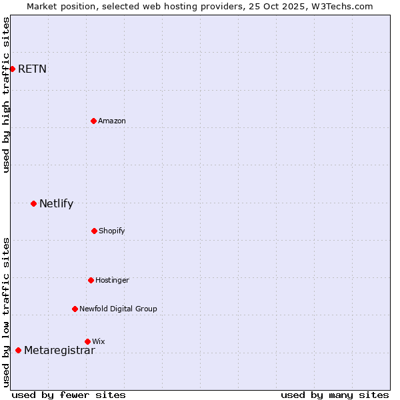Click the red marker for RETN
pos(12,69)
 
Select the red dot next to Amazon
pos(93,121)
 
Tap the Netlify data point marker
pos(33,203)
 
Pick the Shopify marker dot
pos(94,231)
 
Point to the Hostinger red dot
pos(91,280)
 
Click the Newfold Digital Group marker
pos(75,309)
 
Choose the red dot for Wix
pos(87,341)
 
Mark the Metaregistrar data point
pos(18,350)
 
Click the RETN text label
pos(32,69)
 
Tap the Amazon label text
pos(112,121)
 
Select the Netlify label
pos(56,204)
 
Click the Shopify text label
pos(112,231)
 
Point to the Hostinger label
pos(112,281)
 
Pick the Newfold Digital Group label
pos(118,309)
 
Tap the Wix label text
pos(99,342)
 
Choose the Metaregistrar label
pos(59,351)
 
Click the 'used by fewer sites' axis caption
pos(69,395)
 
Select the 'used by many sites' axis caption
pos(335,395)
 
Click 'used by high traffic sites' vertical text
pos(7,95)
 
